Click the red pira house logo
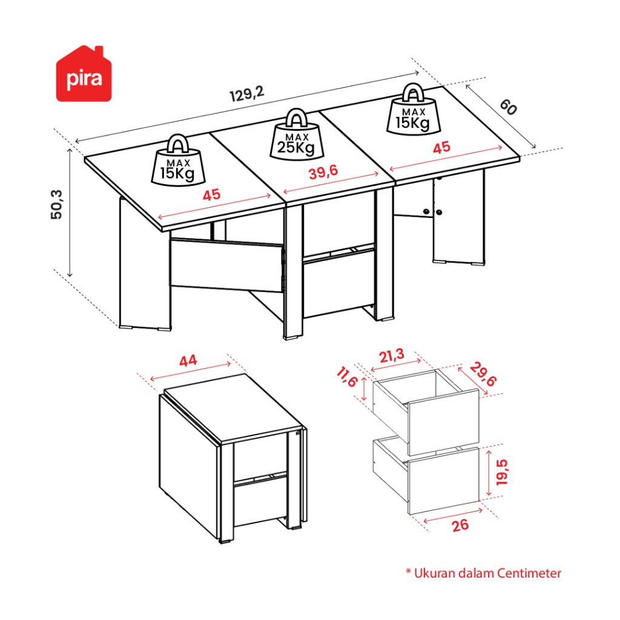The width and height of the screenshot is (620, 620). [84, 74]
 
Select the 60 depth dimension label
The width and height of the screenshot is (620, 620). [508, 107]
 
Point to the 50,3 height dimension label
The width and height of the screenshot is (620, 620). [56, 205]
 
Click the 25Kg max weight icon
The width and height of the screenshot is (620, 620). [296, 135]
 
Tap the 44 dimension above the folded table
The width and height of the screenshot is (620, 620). [188, 361]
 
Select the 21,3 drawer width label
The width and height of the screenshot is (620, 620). [392, 355]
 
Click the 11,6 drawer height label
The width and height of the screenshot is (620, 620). [347, 377]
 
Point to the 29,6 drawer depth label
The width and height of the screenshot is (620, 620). [483, 374]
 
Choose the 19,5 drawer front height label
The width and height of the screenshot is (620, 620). [502, 472]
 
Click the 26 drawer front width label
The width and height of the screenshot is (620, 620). [460, 526]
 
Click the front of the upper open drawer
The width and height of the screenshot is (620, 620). [444, 423]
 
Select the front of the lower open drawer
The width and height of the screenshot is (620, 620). [444, 481]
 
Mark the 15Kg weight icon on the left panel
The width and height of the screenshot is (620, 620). [179, 160]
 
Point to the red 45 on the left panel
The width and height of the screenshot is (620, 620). [211, 195]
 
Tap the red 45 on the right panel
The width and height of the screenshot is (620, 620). [441, 148]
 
